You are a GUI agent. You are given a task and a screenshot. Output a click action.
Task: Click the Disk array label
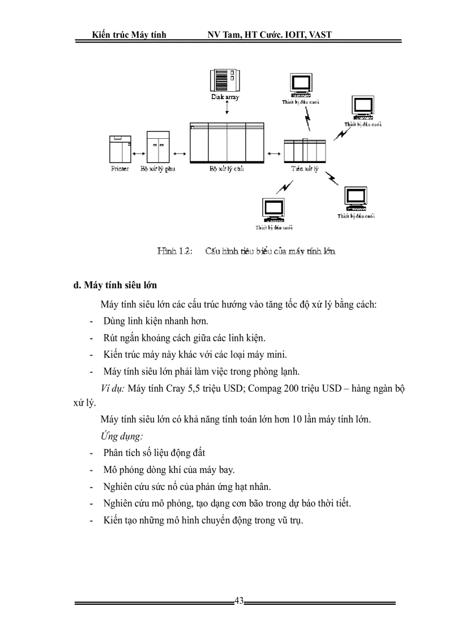225,97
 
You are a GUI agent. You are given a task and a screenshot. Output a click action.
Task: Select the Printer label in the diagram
119,169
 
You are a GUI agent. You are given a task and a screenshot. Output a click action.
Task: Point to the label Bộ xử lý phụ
158,169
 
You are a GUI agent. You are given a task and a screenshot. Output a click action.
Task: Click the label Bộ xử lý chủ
226,169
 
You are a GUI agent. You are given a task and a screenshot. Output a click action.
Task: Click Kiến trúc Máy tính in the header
129,35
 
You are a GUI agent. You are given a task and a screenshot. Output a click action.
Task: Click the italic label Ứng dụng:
121,436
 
